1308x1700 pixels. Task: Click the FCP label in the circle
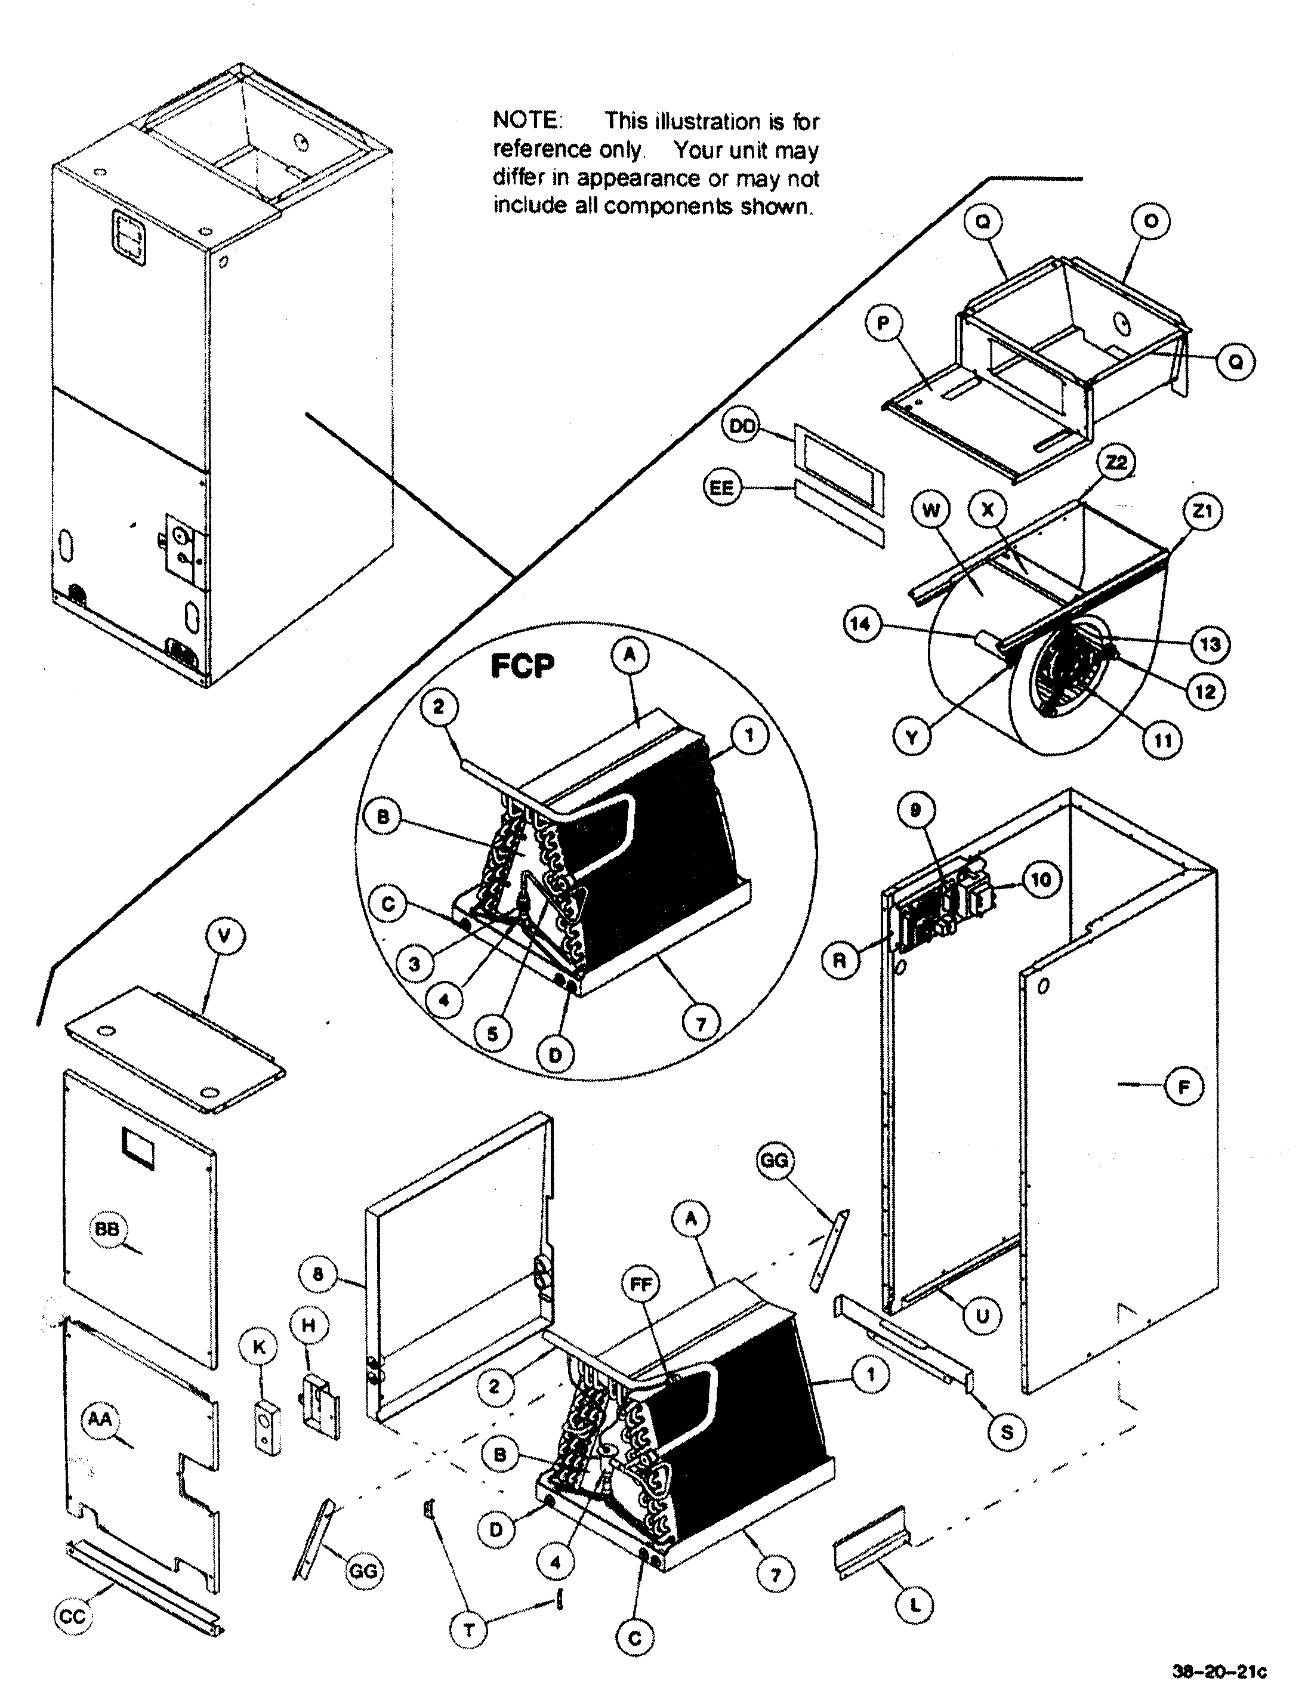tap(522, 667)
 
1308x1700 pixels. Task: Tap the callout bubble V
tap(224, 937)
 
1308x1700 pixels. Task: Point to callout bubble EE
tap(722, 489)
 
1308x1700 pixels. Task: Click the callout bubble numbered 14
tap(862, 625)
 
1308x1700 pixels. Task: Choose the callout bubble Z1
tap(1203, 513)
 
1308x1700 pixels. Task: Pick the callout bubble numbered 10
tap(1041, 880)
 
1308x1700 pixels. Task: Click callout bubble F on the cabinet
tap(1183, 1087)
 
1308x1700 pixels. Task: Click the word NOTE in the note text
tap(526, 122)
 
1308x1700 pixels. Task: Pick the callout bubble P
tap(884, 322)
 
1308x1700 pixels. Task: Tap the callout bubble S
tap(1007, 1432)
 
